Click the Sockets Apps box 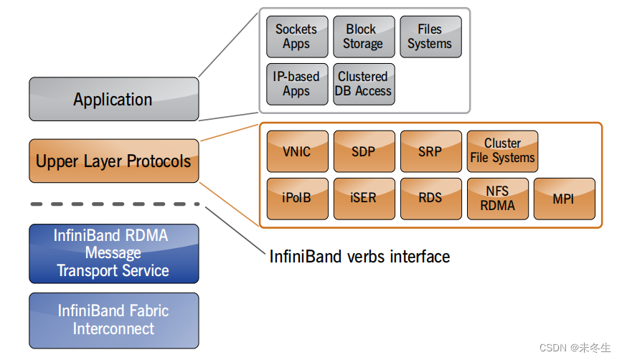click(296, 37)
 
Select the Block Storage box click(363, 37)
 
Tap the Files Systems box click(430, 37)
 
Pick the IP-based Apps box click(296, 84)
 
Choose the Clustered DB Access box click(363, 84)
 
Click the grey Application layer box click(113, 99)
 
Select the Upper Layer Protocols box click(113, 161)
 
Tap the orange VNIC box click(297, 151)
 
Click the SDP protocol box click(364, 151)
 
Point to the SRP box click(430, 151)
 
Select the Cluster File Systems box click(502, 151)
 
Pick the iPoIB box click(297, 199)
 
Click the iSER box click(364, 199)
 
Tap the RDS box click(430, 199)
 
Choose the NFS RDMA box click(497, 199)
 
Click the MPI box click(564, 199)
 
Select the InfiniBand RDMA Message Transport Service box click(113, 253)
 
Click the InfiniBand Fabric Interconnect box click(113, 321)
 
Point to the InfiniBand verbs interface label click(359, 256)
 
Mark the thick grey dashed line click(113, 204)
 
